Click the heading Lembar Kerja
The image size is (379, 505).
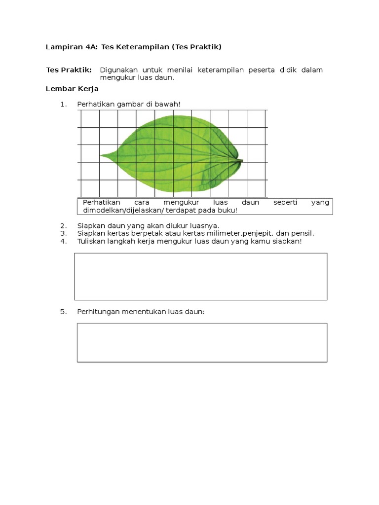coord(72,89)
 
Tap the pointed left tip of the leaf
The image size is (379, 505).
coord(102,156)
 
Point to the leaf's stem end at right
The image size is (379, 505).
coord(241,160)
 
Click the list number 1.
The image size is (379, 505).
coord(63,104)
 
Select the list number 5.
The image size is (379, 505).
coord(63,312)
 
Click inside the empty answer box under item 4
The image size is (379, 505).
coord(200,276)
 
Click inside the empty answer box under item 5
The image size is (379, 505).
coord(202,342)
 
